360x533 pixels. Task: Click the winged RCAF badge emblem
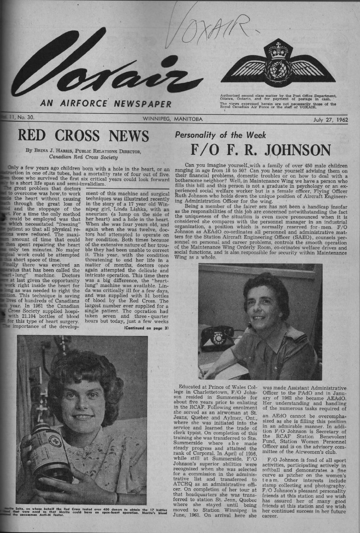point(278,65)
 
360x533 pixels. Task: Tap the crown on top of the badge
point(278,49)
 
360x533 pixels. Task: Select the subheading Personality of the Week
point(221,135)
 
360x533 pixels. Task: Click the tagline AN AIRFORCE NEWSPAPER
point(106,104)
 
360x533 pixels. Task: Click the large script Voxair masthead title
point(101,66)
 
